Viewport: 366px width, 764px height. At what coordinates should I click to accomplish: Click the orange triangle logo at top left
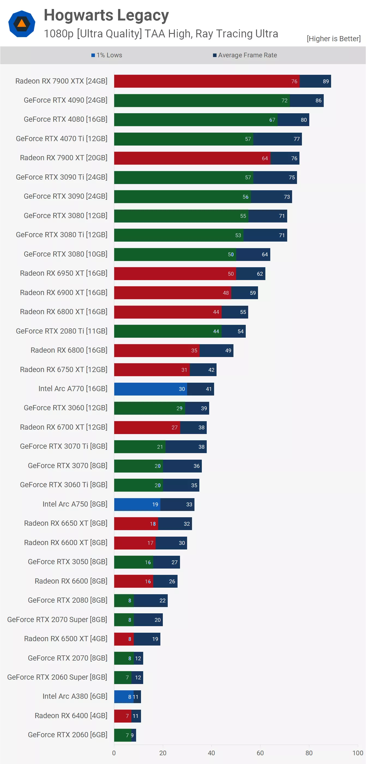point(22,23)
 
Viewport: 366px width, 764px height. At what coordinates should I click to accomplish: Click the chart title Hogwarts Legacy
point(106,16)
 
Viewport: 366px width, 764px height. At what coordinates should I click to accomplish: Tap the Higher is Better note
point(333,38)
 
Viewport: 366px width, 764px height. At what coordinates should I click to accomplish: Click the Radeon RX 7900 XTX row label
point(61,81)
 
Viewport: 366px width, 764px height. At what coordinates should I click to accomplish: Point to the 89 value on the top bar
point(326,81)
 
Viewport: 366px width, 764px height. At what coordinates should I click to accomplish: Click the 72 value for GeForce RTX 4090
point(284,100)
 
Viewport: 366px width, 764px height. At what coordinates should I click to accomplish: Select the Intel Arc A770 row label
point(73,388)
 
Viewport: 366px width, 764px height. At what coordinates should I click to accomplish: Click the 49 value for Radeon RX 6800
point(228,350)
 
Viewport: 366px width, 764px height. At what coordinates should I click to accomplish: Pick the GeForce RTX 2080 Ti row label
point(62,331)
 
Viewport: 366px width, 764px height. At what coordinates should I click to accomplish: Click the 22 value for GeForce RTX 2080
point(162,601)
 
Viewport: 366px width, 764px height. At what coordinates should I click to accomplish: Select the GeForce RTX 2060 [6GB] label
point(68,735)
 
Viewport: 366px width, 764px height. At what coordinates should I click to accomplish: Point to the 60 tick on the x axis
point(260,753)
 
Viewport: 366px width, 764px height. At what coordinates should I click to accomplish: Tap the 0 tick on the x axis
point(114,753)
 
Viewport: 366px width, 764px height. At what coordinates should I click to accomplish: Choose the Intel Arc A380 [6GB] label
point(75,696)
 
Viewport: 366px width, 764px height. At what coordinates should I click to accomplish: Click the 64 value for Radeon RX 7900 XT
point(265,158)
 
